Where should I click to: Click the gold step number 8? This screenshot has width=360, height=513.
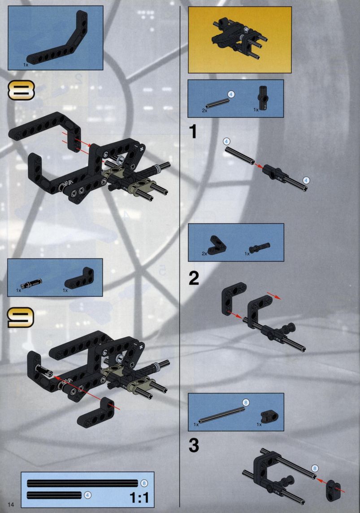coord(21,91)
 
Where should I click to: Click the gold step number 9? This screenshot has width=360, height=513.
coord(21,317)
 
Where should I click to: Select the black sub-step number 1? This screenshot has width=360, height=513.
coord(193,131)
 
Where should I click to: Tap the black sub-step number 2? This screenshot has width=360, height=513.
coord(194,278)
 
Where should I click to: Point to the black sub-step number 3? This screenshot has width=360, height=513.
coord(194,445)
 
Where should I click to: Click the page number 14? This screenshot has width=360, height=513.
coord(12,504)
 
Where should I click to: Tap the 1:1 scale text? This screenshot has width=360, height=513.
coord(139,498)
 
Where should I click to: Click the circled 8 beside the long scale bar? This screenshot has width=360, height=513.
coord(144,483)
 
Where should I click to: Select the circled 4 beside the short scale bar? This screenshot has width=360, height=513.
coord(87,496)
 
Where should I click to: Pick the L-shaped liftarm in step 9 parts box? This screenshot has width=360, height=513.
coord(79,280)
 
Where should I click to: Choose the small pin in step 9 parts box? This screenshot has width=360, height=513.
coord(31,283)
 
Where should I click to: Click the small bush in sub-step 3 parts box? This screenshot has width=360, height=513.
coord(269,416)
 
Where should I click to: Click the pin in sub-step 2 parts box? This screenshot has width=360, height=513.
coord(260,248)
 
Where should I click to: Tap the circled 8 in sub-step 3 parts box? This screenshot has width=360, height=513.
coord(246,402)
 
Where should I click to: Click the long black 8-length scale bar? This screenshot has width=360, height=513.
coord(82,483)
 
